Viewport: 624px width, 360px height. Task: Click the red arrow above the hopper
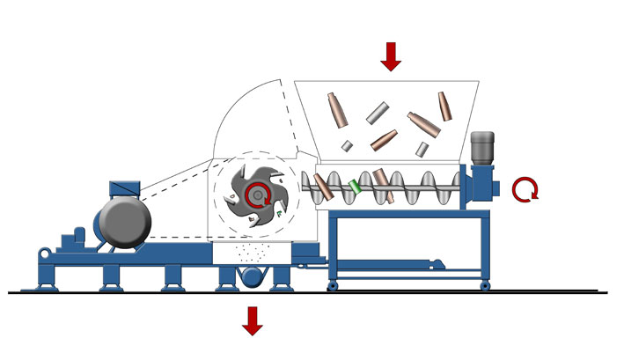click(391, 55)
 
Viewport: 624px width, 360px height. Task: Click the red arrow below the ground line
click(253, 320)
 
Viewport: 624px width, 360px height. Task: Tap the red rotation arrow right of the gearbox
click(526, 187)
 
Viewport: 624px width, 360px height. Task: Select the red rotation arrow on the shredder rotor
click(258, 197)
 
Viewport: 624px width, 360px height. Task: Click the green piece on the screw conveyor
click(356, 187)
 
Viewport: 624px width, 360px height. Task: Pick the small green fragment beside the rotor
click(278, 213)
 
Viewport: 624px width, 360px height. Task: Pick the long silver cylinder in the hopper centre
click(378, 112)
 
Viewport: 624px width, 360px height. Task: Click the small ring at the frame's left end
click(42, 254)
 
